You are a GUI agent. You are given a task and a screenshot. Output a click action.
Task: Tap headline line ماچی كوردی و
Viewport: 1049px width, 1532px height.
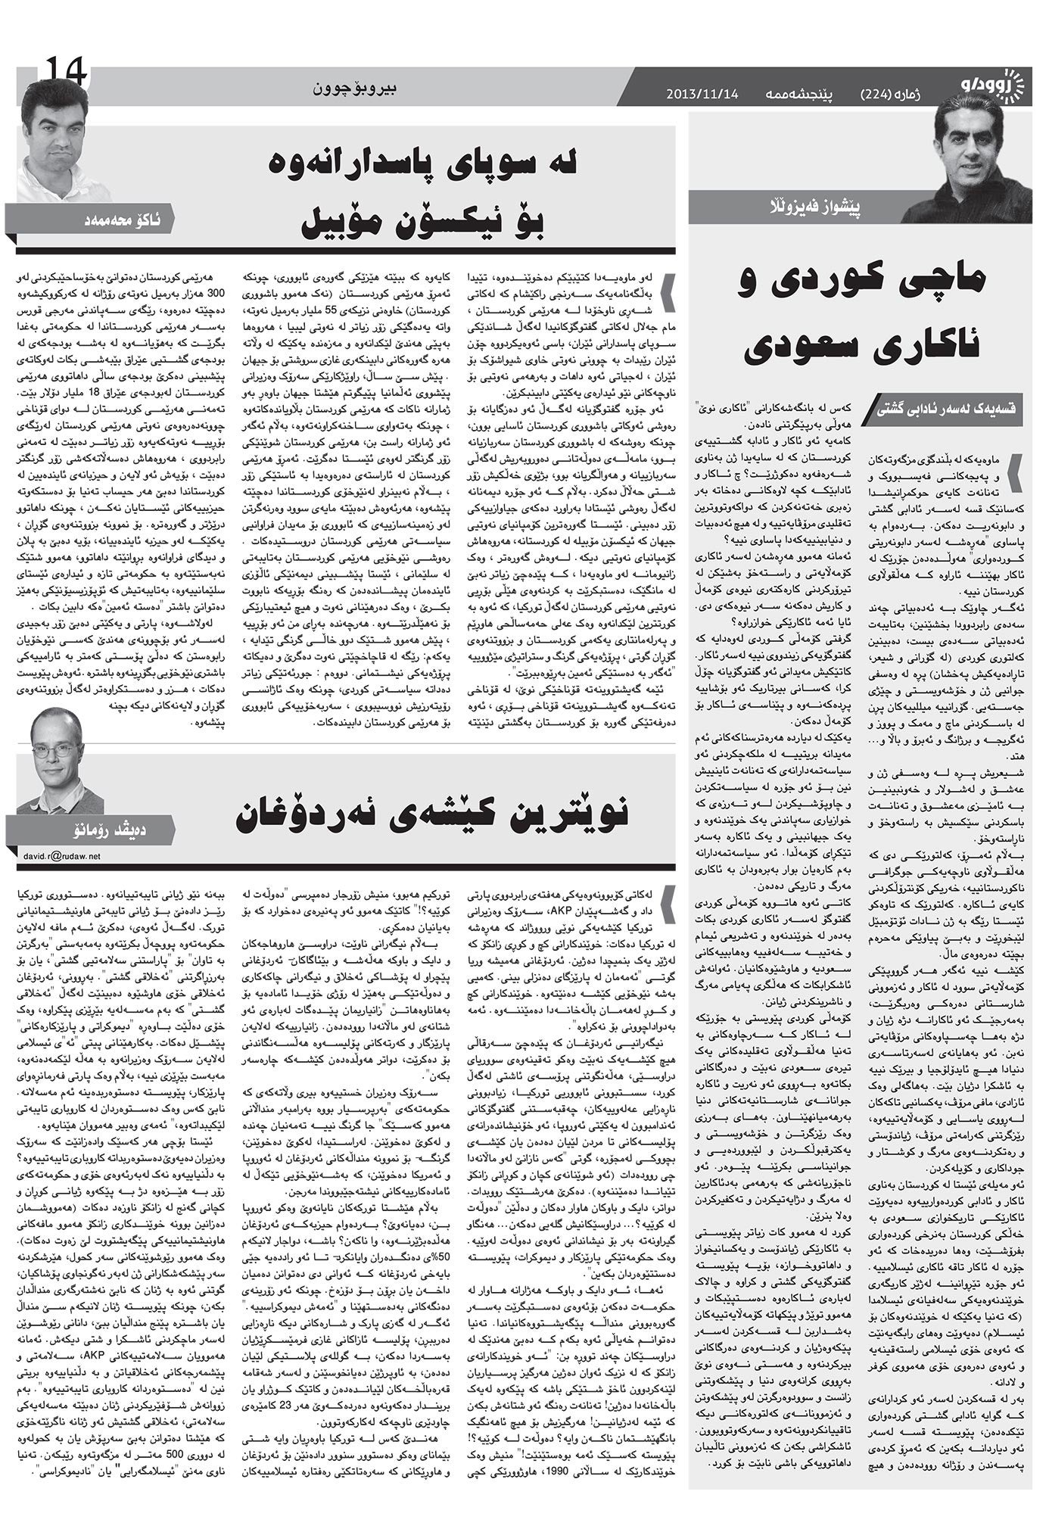point(862,279)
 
